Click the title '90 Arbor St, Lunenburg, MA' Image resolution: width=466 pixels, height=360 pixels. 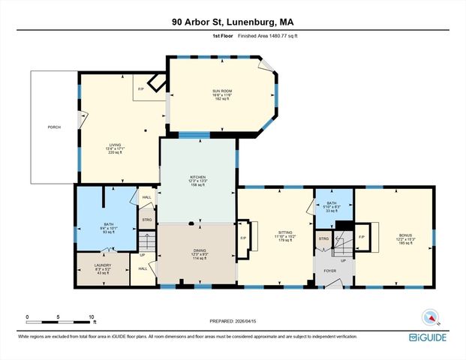[x=233, y=22]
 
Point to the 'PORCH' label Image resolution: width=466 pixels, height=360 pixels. [x=54, y=127]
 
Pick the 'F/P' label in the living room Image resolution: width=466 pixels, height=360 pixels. [x=141, y=89]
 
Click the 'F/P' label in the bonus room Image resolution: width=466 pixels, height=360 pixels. [x=362, y=238]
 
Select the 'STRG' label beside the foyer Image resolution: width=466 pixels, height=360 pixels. [x=323, y=239]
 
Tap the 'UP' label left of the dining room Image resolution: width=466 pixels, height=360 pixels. [x=143, y=255]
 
